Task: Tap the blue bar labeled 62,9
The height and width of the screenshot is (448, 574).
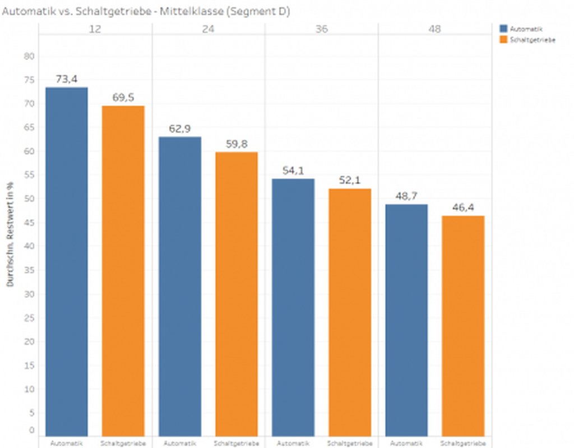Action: point(180,286)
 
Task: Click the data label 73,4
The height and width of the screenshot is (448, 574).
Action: point(66,79)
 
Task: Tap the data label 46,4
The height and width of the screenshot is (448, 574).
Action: point(463,207)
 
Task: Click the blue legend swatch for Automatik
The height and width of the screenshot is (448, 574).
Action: point(503,29)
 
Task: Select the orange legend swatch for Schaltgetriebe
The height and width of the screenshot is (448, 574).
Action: point(503,39)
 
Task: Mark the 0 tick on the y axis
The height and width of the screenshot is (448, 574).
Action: point(31,431)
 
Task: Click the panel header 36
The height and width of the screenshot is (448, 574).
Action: point(321,29)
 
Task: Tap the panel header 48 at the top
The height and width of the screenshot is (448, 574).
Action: point(434,29)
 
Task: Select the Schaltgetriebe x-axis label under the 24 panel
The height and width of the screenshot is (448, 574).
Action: point(236,443)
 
